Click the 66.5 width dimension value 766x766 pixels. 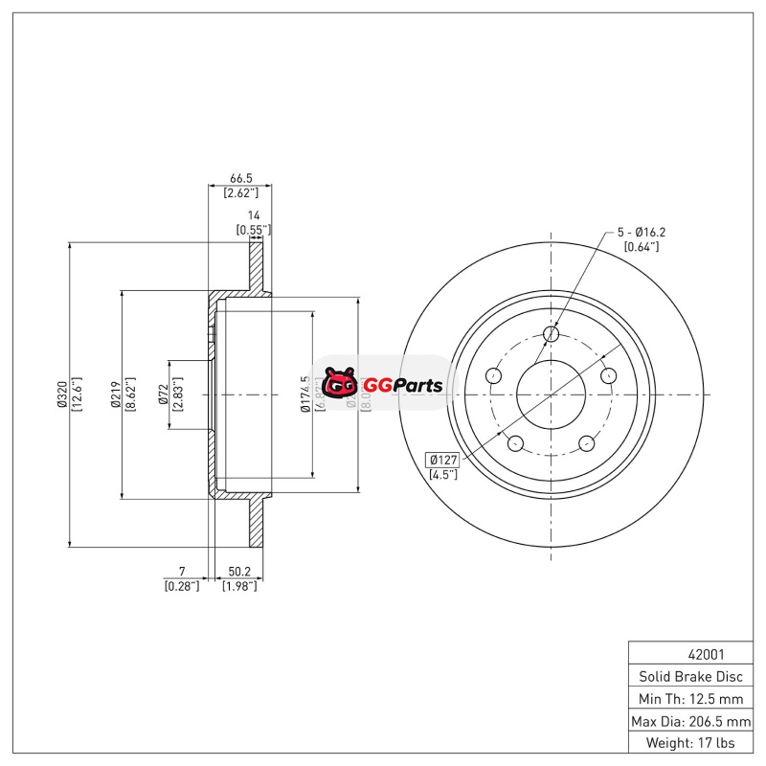(x=240, y=178)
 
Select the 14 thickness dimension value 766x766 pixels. (x=254, y=215)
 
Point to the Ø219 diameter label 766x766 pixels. (x=115, y=394)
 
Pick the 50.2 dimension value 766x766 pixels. (x=238, y=572)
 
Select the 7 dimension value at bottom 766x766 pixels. (x=181, y=572)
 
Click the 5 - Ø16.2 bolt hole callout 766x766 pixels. (x=641, y=232)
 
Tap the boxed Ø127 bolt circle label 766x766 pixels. (x=441, y=459)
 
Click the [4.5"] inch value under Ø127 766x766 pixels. (x=441, y=474)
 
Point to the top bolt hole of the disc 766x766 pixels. (x=551, y=333)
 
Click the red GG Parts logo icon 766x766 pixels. (x=338, y=385)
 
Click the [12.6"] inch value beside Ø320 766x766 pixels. (x=77, y=394)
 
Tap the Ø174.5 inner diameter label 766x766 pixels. (x=305, y=394)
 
